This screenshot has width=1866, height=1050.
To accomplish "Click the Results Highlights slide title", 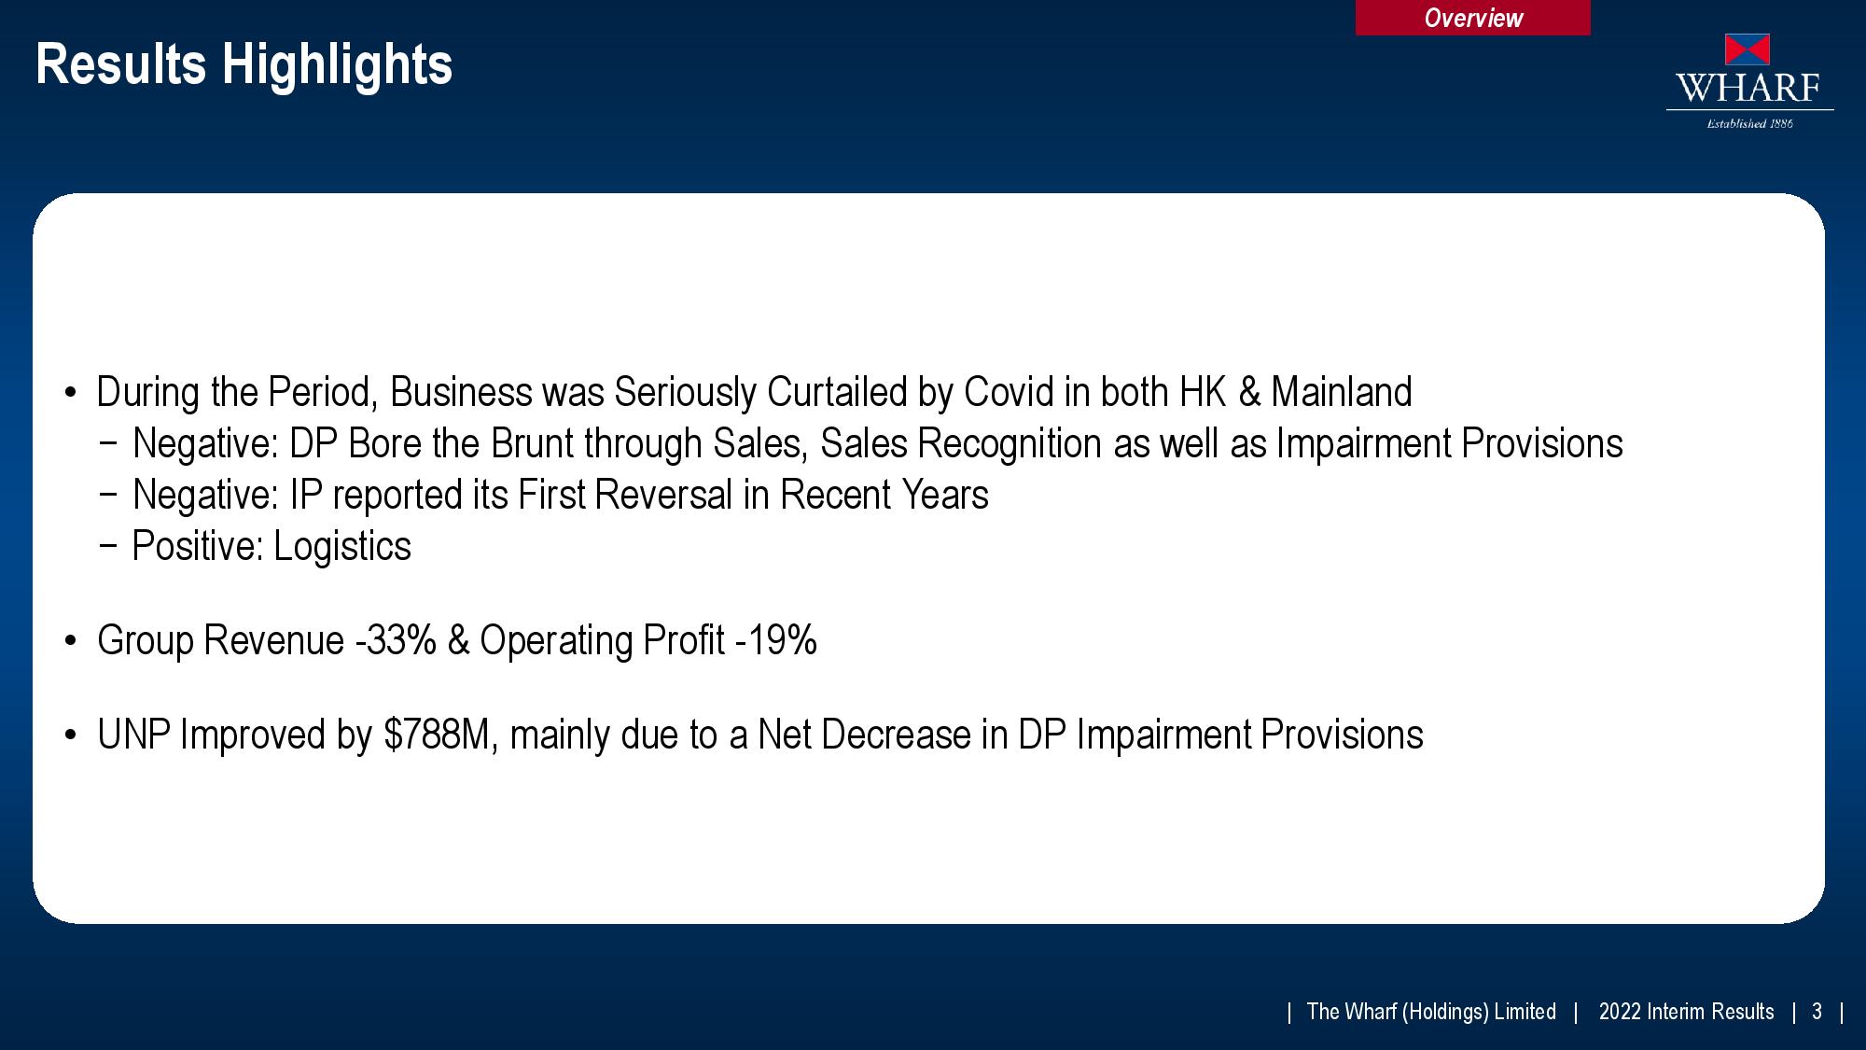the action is coord(244,65).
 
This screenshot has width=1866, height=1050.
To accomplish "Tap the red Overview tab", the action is coord(1472,18).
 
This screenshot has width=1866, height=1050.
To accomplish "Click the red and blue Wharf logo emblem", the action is coord(1748,49).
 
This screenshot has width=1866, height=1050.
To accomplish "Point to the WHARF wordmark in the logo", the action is coord(1748,88).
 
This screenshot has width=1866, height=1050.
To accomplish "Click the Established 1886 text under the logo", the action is coord(1749,123).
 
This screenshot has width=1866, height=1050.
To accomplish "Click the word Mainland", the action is coord(1341,392).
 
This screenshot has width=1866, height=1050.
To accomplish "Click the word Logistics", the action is coord(341,547).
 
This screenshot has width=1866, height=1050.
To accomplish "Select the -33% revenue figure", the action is coord(396,640).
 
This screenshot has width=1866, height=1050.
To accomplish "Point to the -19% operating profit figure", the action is coord(776,640).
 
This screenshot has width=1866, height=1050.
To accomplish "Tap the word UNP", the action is coord(133,735).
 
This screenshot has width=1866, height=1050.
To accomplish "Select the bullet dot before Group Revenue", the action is coord(70,642).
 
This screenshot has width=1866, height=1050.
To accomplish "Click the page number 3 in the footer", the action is coord(1817,1012).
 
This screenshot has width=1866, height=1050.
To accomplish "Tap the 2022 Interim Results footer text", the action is coord(1686,1012).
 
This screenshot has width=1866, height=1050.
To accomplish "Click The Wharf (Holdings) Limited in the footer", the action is coord(1431,1012).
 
